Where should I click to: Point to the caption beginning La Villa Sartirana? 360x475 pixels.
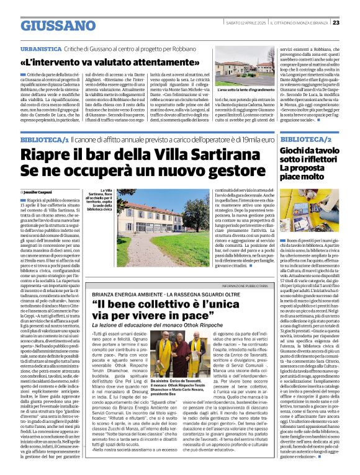click(x=100, y=202)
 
